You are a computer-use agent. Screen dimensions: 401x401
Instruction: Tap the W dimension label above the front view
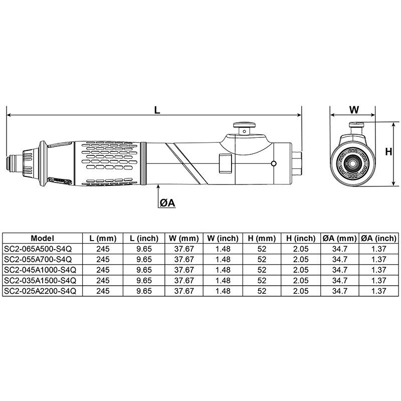tap(354, 110)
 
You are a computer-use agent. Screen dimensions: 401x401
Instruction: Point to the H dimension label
tap(387, 151)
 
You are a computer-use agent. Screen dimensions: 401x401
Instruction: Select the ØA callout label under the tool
tap(167, 202)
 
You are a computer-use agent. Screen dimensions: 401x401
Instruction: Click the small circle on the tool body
tap(273, 163)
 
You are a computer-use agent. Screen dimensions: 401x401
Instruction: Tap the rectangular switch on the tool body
tap(225, 163)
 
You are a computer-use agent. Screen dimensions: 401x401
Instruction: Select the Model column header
tap(42, 239)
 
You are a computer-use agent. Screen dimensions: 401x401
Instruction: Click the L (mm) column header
tap(103, 239)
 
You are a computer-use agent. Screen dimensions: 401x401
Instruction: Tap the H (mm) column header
tap(261, 239)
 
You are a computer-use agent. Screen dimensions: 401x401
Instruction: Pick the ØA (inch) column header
tap(379, 239)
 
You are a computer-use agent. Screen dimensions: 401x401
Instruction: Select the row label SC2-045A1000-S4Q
tap(40, 270)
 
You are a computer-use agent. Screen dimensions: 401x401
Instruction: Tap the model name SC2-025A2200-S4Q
tap(40, 291)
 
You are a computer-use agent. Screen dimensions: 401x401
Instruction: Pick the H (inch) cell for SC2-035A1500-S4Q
tap(301, 280)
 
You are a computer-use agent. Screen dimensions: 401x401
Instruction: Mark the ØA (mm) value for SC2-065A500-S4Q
tap(339, 249)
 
